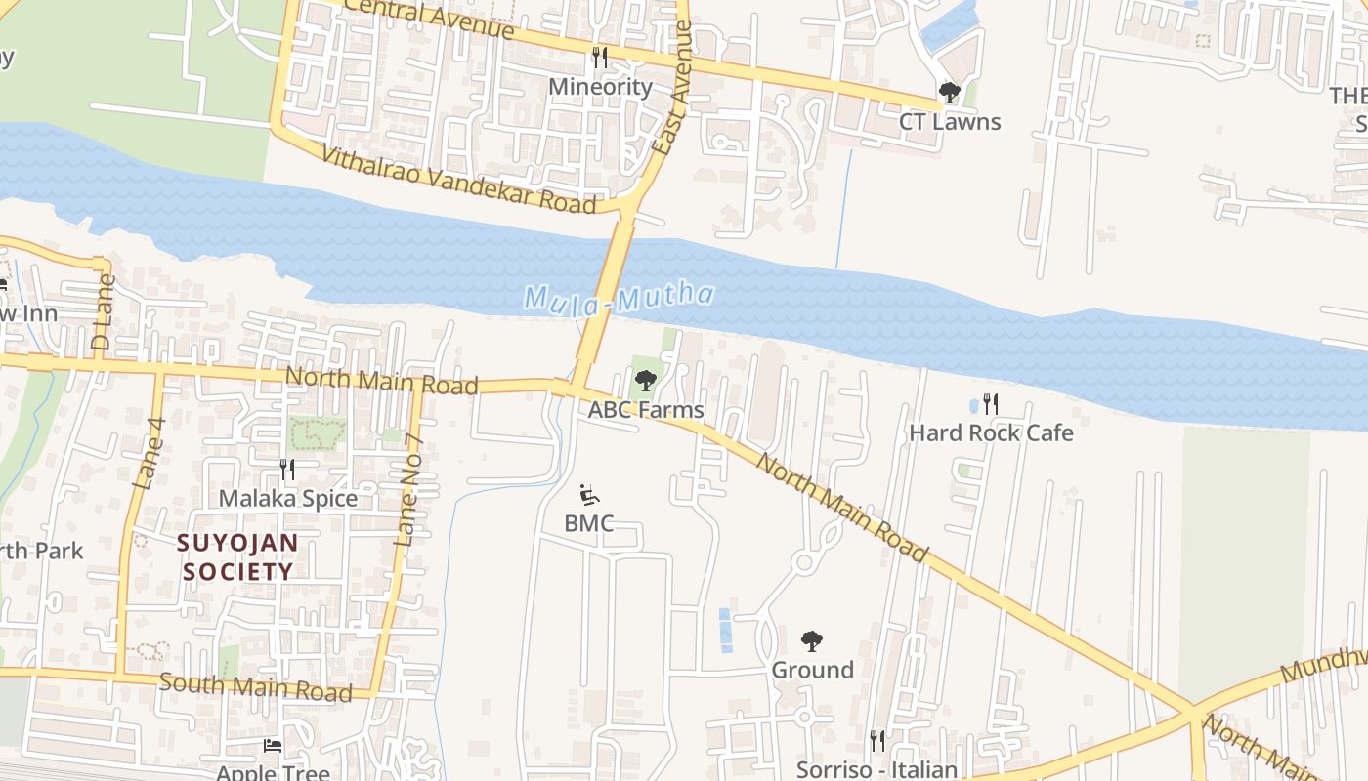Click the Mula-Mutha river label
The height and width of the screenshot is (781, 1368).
tap(620, 297)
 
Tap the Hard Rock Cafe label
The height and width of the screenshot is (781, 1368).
tap(991, 432)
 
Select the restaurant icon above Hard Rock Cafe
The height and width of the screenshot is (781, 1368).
tap(991, 404)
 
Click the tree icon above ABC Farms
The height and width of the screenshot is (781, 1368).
tap(645, 381)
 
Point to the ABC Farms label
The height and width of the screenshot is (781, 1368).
tap(645, 409)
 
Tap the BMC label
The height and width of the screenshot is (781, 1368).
tap(588, 523)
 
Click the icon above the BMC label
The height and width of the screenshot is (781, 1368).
tap(588, 495)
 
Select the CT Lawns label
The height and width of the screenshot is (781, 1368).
tap(950, 122)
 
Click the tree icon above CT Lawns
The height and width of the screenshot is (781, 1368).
tap(949, 94)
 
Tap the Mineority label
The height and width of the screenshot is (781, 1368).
tap(600, 87)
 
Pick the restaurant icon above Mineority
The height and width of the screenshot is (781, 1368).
tap(600, 59)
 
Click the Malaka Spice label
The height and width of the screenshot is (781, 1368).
tap(288, 498)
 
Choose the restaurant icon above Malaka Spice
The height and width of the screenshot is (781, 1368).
tap(287, 470)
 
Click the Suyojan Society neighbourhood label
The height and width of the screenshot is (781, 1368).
tap(238, 556)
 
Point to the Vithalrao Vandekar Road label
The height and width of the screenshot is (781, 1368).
tap(458, 180)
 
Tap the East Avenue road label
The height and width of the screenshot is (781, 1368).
tap(672, 90)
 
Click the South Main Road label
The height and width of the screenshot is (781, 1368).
tap(255, 687)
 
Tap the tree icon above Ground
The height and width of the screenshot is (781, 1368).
tap(811, 641)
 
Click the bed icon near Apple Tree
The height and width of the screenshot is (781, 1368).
tap(273, 746)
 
